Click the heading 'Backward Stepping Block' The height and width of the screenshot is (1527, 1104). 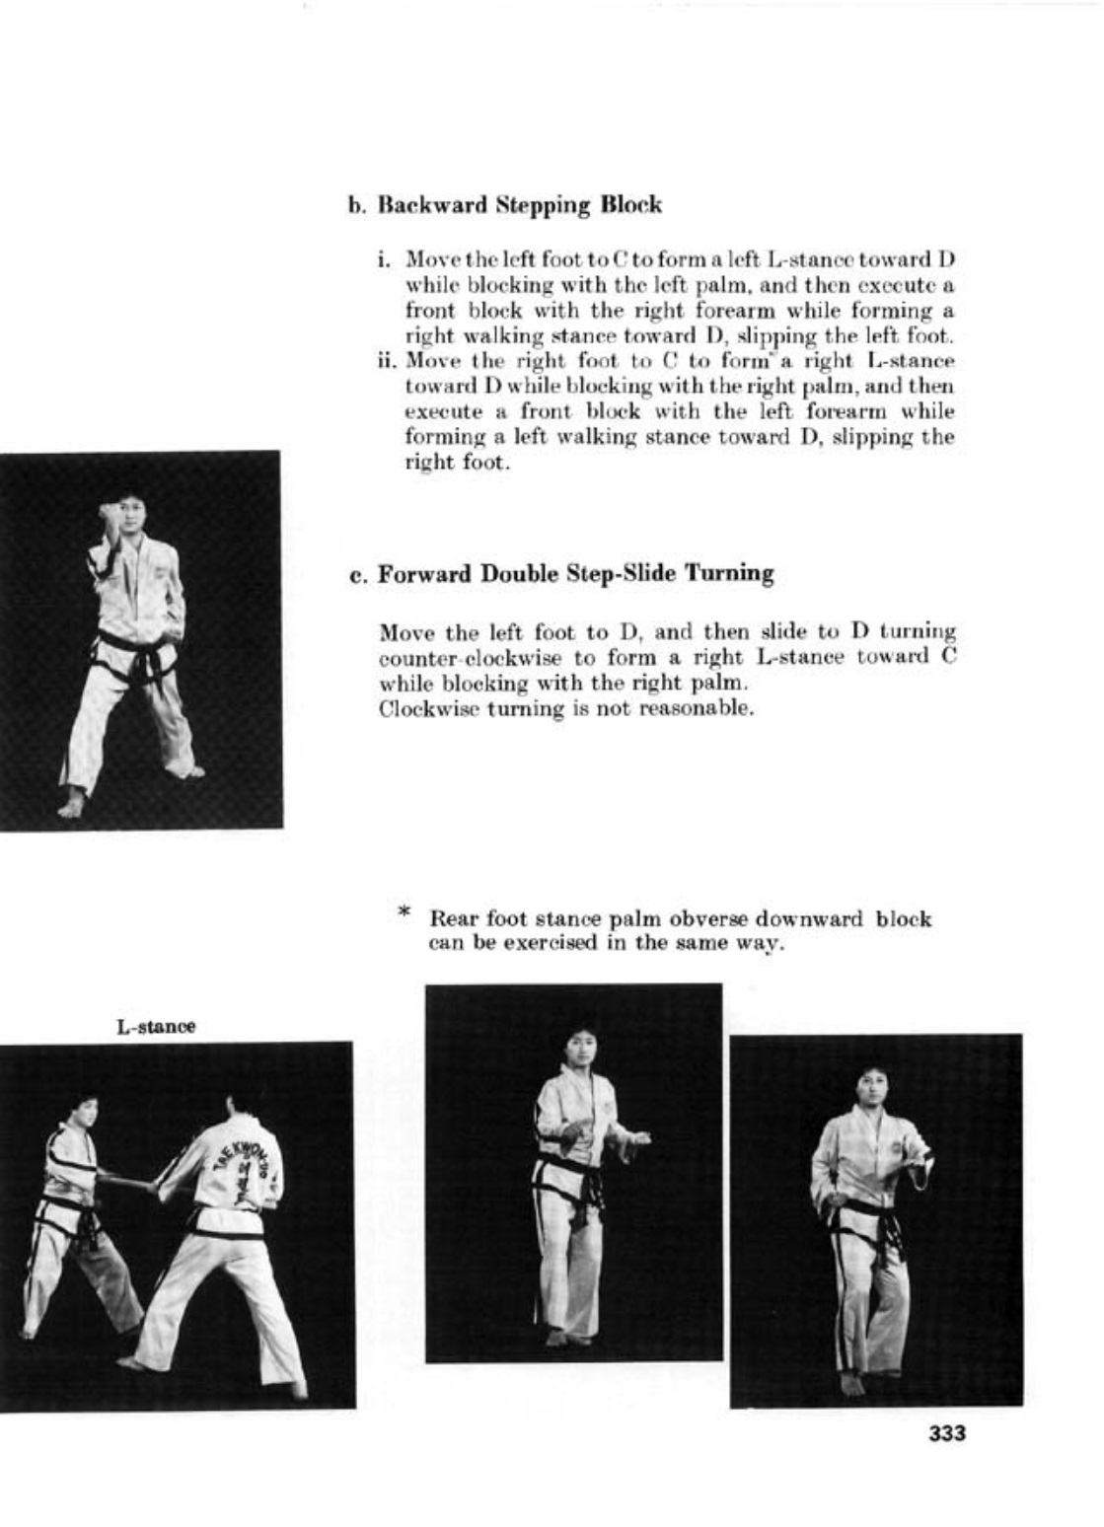pos(520,206)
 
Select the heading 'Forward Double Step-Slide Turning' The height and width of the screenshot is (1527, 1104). pos(576,574)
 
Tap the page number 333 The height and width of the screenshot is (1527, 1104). pos(947,1433)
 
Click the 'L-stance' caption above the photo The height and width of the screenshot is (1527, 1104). pos(156,1027)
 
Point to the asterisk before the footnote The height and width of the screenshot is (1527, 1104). pos(404,912)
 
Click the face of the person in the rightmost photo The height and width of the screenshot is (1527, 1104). pos(870,1090)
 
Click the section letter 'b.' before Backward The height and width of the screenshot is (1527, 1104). pos(356,207)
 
